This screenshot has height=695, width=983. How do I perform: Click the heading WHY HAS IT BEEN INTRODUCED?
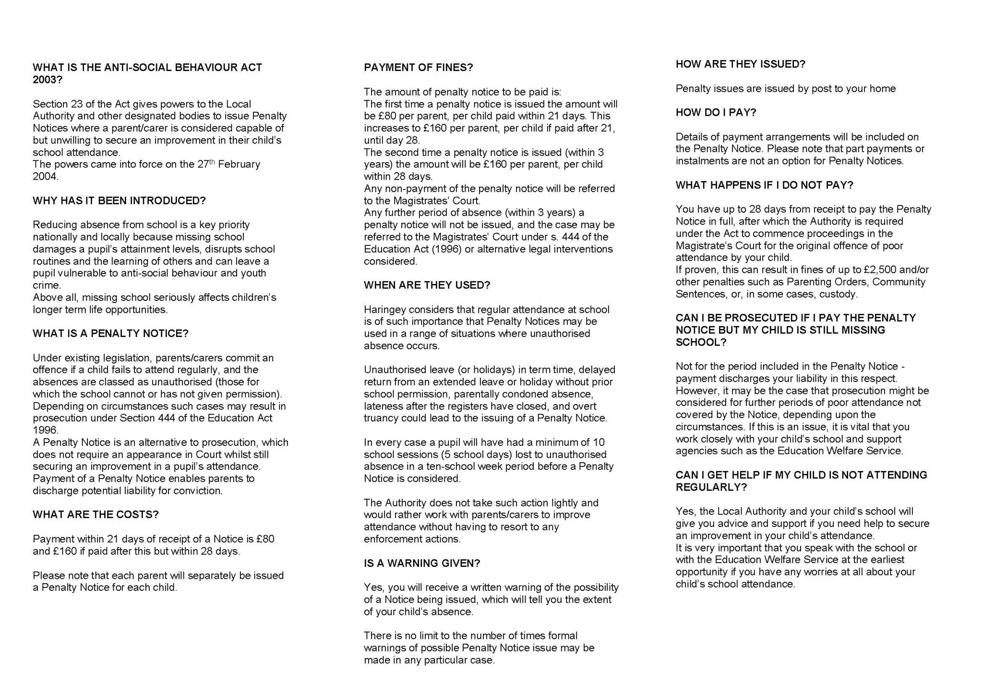(119, 201)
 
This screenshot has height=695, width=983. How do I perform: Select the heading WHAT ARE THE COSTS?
(96, 515)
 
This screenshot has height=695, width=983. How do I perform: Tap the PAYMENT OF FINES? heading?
(418, 68)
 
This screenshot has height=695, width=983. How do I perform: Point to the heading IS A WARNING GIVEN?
(422, 563)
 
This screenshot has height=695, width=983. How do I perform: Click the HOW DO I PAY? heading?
(716, 112)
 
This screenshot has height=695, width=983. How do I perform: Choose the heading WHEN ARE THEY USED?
(427, 285)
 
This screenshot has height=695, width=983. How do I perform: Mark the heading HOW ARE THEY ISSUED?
(740, 64)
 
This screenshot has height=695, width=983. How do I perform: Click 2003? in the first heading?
(48, 80)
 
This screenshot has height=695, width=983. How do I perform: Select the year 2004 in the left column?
(45, 177)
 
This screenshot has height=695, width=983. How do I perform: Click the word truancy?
(381, 418)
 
